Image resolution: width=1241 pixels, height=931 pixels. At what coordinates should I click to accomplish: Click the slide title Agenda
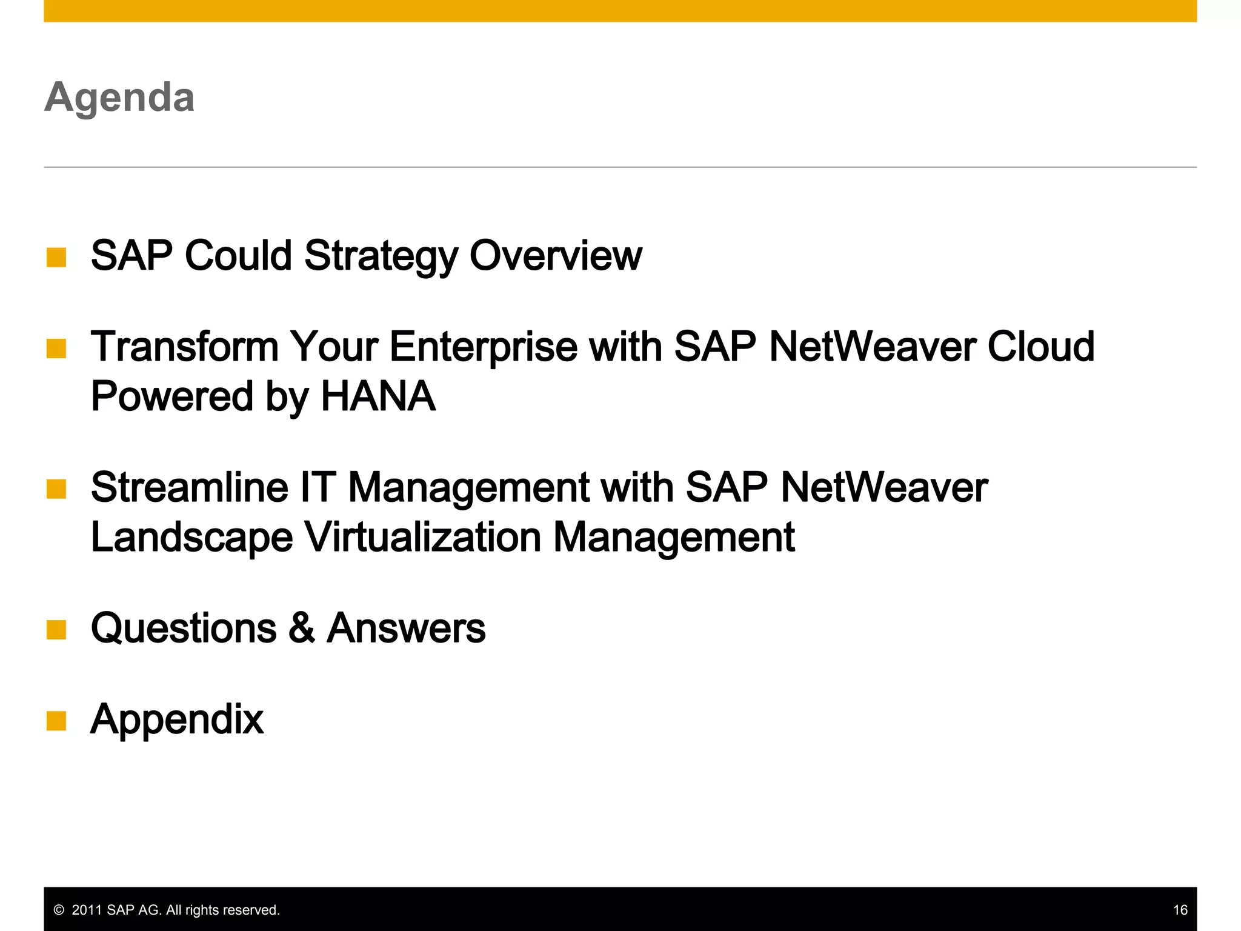click(119, 97)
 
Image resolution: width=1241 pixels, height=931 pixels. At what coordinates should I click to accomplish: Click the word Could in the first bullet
click(238, 255)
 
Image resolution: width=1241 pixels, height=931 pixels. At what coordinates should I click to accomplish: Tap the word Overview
click(555, 255)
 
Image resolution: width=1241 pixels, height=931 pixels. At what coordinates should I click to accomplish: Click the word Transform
click(184, 347)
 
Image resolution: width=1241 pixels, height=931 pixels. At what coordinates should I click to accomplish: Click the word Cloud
click(1040, 347)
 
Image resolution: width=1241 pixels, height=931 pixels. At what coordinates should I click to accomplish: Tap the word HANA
click(378, 396)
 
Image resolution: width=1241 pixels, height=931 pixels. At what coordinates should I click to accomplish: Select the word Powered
click(171, 396)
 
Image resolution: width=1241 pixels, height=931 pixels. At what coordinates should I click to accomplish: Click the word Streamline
click(189, 487)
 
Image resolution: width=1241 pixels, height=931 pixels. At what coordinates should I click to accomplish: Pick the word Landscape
click(191, 538)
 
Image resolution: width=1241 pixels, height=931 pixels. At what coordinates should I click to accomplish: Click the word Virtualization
click(422, 538)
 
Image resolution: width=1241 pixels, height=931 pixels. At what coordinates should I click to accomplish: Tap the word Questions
click(184, 628)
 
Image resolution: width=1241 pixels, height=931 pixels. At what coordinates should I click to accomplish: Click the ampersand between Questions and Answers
click(302, 629)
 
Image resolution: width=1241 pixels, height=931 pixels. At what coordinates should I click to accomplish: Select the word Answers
click(406, 628)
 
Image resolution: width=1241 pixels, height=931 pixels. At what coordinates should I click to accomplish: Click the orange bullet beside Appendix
click(56, 721)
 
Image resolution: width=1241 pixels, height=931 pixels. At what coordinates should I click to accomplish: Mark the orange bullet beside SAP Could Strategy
click(56, 257)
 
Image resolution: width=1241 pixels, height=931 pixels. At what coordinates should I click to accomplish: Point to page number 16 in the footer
click(1180, 910)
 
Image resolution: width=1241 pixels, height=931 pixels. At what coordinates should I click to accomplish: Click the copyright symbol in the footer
click(59, 910)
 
